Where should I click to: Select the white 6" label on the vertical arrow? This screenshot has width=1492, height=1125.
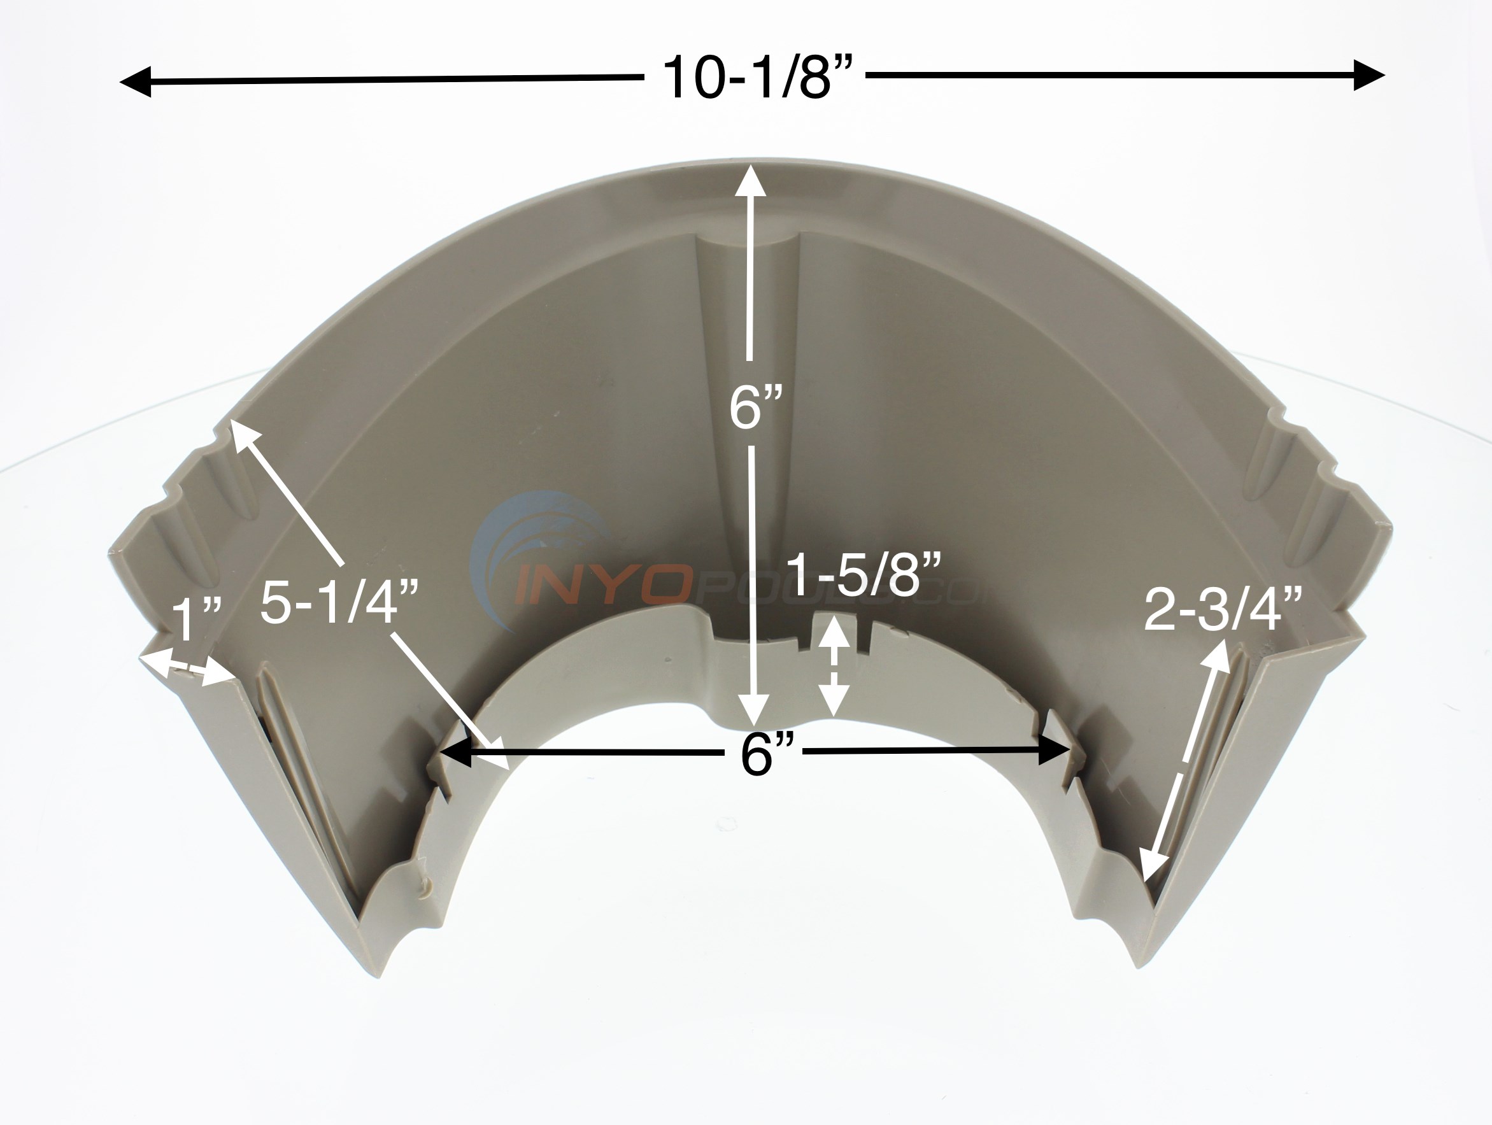(x=755, y=409)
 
